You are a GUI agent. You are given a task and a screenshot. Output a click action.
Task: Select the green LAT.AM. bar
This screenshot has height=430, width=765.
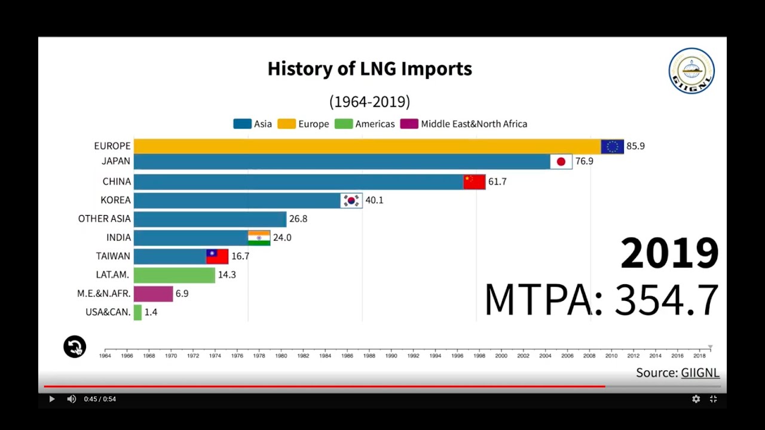pyautogui.click(x=174, y=275)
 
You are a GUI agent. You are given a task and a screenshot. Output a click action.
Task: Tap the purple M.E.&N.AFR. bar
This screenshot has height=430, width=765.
pyautogui.click(x=153, y=294)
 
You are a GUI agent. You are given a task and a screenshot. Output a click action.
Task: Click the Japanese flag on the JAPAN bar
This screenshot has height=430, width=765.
pyautogui.click(x=561, y=161)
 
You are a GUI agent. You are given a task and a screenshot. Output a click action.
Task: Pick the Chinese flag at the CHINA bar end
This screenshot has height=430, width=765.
pyautogui.click(x=475, y=182)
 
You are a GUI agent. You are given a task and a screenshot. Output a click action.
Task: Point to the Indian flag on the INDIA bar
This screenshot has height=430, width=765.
pyautogui.click(x=259, y=238)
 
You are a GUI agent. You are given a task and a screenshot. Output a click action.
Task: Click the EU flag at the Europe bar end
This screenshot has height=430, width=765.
pyautogui.click(x=612, y=146)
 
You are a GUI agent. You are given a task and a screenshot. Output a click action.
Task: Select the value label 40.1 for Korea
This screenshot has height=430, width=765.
pyautogui.click(x=374, y=200)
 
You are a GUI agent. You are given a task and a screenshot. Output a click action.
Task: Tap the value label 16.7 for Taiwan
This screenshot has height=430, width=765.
pyautogui.click(x=240, y=256)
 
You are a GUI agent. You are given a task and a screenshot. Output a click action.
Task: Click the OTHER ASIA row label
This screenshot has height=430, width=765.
pyautogui.click(x=104, y=219)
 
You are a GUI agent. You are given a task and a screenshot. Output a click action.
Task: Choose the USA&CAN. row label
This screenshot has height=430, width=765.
pyautogui.click(x=108, y=312)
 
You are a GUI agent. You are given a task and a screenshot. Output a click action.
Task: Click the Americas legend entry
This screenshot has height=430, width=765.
pyautogui.click(x=365, y=124)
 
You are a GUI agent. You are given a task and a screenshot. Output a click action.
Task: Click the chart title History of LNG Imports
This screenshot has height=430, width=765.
pyautogui.click(x=369, y=69)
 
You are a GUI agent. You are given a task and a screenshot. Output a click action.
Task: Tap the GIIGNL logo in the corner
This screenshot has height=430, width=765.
pyautogui.click(x=691, y=71)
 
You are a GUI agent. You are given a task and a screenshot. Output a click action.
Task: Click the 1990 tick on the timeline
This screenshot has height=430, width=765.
pyautogui.click(x=391, y=355)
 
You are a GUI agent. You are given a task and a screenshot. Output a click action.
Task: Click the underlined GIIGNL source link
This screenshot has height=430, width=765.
pyautogui.click(x=700, y=373)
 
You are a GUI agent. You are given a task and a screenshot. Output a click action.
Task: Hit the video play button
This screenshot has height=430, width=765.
pyautogui.click(x=51, y=399)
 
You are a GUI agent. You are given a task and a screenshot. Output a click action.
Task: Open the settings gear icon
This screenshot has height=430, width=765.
pyautogui.click(x=696, y=399)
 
